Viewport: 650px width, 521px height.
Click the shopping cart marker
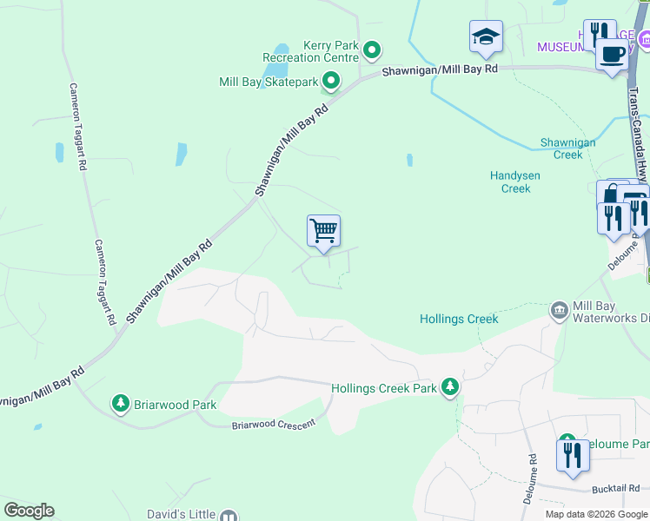click(x=323, y=232)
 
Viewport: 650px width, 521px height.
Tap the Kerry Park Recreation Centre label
click(x=311, y=51)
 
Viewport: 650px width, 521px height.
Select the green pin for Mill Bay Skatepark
click(x=331, y=82)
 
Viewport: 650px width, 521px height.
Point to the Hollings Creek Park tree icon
click(x=449, y=387)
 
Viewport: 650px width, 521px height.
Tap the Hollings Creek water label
click(x=459, y=320)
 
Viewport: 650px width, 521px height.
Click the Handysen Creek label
click(x=515, y=181)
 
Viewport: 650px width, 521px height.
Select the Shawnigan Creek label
click(x=567, y=148)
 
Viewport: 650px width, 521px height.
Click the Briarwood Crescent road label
click(x=270, y=425)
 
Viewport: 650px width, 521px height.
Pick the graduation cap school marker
click(x=486, y=36)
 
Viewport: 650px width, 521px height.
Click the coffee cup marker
click(x=612, y=54)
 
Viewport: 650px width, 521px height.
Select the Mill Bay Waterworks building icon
click(x=559, y=309)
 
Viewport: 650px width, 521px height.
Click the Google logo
click(x=29, y=511)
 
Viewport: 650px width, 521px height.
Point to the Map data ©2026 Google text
click(x=596, y=514)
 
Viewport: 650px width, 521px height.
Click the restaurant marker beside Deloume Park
click(x=573, y=455)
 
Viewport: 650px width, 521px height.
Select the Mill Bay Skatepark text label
click(x=269, y=82)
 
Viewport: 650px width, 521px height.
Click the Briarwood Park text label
click(x=175, y=405)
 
